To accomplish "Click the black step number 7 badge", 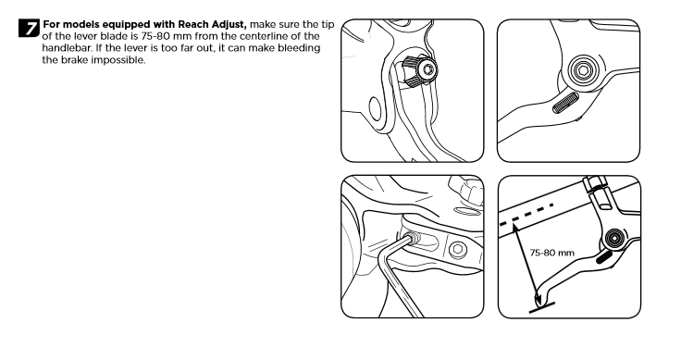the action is point(29,29).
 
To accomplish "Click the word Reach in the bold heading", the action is point(193,24).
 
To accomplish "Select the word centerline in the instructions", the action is point(264,36).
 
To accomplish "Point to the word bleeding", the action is point(299,48).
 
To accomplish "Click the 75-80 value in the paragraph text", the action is point(155,36).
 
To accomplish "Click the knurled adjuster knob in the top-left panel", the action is point(418,69).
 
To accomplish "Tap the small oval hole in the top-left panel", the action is point(375,108).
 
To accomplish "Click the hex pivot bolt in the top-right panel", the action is point(583,69).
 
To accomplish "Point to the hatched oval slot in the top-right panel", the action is point(565,103).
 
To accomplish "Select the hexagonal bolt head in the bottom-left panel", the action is point(457,249).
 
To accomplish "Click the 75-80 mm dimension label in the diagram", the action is point(552,253).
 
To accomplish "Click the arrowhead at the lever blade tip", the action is point(537,301).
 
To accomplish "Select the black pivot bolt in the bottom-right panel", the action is point(613,238).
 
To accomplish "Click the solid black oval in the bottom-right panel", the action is point(604,256).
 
